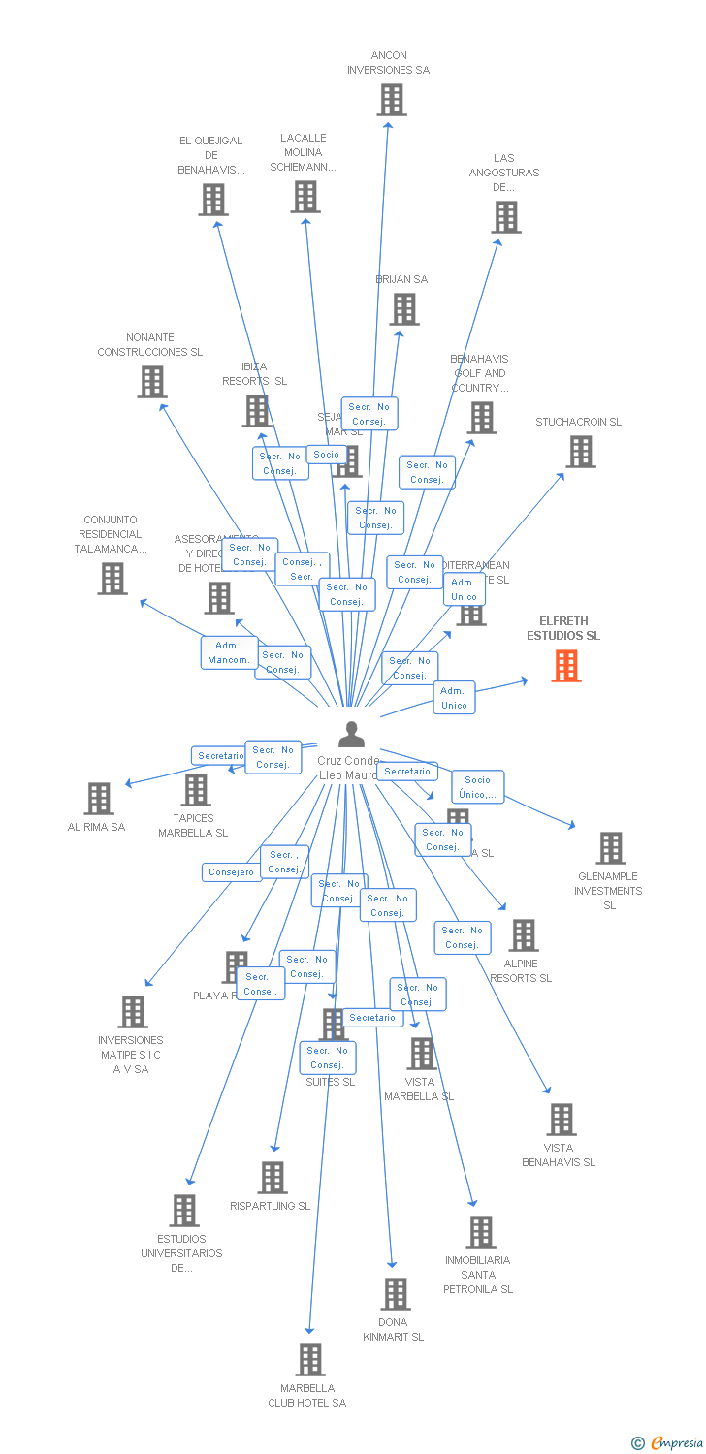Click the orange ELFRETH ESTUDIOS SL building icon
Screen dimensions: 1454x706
point(566,666)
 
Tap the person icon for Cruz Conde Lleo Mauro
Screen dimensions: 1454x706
point(351,735)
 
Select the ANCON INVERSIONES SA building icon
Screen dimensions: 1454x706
point(391,100)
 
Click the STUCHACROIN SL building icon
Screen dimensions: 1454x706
point(580,452)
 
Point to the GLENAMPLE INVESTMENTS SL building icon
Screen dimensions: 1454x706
point(610,848)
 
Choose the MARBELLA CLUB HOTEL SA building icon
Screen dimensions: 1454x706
point(310,1360)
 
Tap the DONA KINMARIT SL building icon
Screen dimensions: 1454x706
point(395,1294)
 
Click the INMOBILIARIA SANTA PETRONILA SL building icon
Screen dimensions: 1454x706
point(480,1232)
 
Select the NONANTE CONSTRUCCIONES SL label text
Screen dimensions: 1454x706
point(150,345)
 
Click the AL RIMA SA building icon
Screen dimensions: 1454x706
point(99,799)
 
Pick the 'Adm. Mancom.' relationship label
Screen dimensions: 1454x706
point(229,652)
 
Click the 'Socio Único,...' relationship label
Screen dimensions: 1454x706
point(477,787)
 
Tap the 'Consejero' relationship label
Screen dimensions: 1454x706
point(232,871)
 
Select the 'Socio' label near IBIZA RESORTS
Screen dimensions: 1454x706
point(327,455)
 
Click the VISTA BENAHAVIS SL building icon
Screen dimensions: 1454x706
point(561,1120)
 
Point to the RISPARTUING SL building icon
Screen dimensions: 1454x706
point(273,1178)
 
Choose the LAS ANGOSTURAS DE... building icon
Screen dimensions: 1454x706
point(505,217)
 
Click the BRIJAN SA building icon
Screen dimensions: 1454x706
point(404,309)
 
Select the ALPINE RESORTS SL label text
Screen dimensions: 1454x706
point(521,971)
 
